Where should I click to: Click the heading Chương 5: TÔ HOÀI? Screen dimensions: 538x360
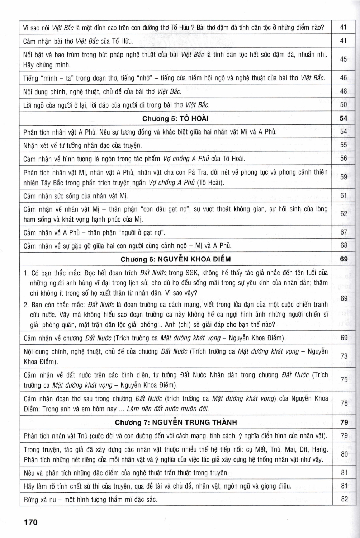(175, 118)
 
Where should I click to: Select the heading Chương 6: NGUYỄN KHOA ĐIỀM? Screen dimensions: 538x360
(175, 259)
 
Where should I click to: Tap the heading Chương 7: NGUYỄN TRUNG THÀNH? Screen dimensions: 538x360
(176, 422)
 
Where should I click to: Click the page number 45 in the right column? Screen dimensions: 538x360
(344, 59)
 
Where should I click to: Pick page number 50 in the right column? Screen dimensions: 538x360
(344, 105)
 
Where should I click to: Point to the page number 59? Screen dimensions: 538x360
(344, 177)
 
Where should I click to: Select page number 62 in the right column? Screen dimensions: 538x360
(344, 214)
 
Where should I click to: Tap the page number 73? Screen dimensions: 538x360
(344, 356)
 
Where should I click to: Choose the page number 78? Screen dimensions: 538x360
(344, 403)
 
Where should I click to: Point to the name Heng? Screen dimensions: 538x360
(320, 449)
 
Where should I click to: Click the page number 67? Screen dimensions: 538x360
(344, 232)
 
